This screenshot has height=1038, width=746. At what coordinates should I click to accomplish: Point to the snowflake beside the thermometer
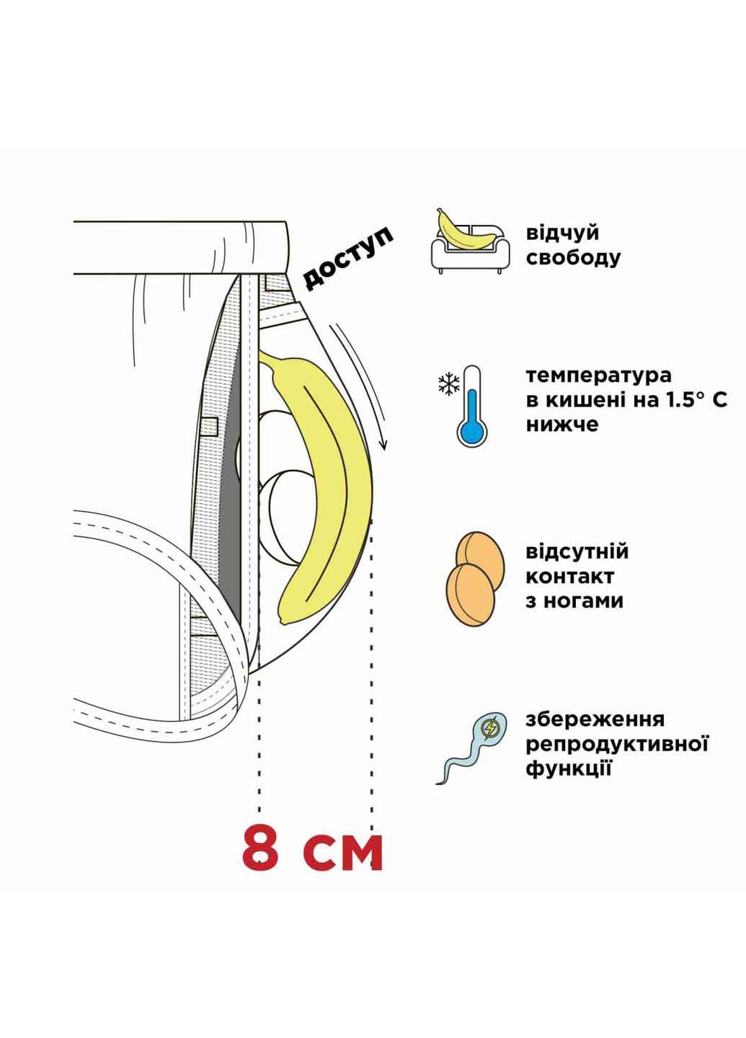(448, 385)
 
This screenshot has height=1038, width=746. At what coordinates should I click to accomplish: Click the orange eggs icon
(474, 576)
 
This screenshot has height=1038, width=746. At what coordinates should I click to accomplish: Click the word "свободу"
(573, 258)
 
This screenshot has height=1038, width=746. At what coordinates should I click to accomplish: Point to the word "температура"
(598, 376)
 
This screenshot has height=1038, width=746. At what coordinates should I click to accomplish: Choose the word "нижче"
(562, 424)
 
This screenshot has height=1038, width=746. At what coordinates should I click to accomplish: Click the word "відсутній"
(577, 552)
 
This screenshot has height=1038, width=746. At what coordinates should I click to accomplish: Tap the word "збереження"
(595, 719)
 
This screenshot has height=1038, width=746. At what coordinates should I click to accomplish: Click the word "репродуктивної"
(617, 744)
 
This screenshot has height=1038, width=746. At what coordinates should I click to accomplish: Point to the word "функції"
(569, 768)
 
